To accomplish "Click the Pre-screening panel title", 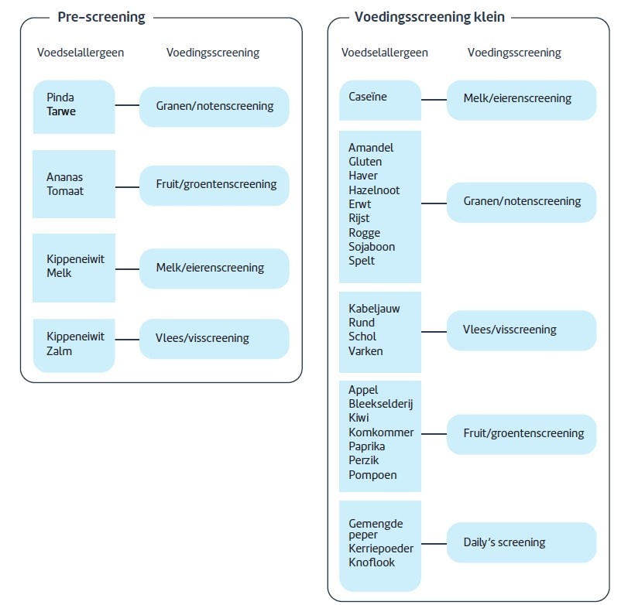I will coord(101,17).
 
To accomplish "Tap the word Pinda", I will coord(60,97).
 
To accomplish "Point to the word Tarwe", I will coord(61,111).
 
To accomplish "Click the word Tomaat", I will coord(65,191).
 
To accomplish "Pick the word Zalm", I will coord(59,350).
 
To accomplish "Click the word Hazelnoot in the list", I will coord(374,190).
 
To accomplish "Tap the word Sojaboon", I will coord(372,247).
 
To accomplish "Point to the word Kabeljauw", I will coord(374,309).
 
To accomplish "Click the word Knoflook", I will coord(372,562).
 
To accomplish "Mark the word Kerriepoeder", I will coord(381,549).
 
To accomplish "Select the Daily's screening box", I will coord(521,542).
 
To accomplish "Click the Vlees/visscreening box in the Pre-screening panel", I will coord(214,338).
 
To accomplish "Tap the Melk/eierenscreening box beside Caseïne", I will coord(521,99).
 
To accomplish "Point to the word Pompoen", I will coord(372,475).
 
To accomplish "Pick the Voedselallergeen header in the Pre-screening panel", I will coord(81,53).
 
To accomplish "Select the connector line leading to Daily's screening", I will coord(434,542).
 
